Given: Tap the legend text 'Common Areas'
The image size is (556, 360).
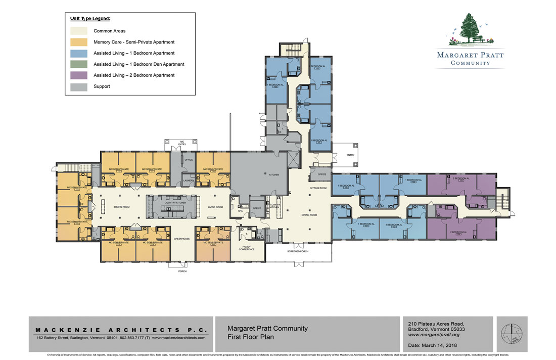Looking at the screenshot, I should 109,31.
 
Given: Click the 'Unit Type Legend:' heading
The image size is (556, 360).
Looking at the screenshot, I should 90,18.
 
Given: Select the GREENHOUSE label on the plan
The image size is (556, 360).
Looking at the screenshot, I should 181,238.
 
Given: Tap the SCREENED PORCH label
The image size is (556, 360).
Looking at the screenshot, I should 298,251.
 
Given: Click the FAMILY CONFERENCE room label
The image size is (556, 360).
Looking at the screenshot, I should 247,248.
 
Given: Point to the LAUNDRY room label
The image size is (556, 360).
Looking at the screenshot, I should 189,180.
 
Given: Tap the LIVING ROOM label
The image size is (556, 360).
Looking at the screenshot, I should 215,207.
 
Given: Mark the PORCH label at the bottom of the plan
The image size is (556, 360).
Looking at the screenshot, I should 182,272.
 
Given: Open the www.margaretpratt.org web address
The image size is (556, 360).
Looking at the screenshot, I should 433,335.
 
